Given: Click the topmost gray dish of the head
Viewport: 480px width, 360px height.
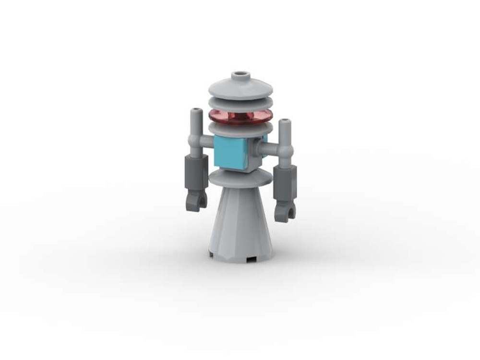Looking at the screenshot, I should pyautogui.click(x=240, y=89).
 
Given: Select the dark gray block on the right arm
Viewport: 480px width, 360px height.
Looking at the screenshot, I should pyautogui.click(x=285, y=183).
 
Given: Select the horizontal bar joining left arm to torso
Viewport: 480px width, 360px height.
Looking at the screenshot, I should pyautogui.click(x=206, y=141).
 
